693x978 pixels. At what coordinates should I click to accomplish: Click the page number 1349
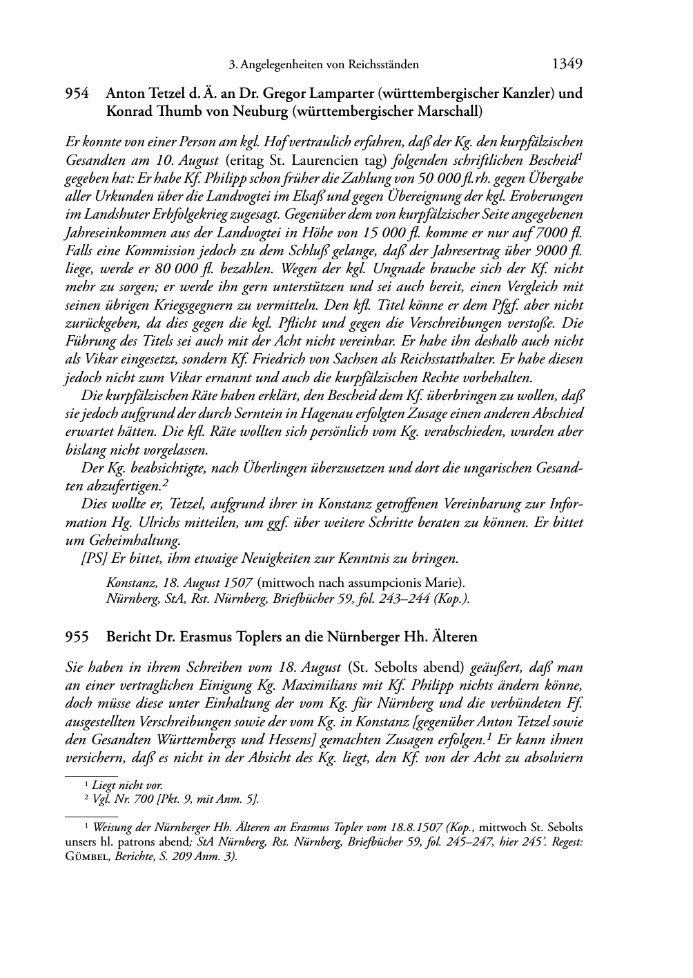pyautogui.click(x=567, y=65)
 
